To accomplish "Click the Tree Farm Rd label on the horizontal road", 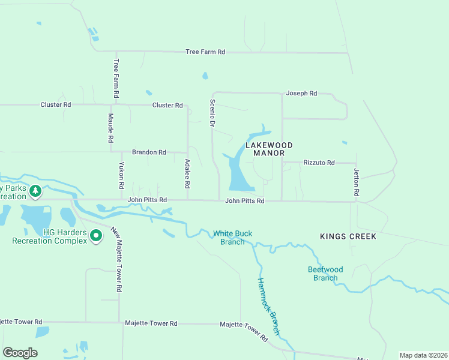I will point(205,52).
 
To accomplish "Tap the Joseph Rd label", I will point(301,94).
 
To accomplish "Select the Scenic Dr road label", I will point(212,113).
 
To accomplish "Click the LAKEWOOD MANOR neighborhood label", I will point(269,149).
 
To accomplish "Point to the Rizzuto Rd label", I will point(319,163).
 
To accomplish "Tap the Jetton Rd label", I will point(356,183).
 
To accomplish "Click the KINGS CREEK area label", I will point(348,236).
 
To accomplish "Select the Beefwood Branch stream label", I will point(325,274).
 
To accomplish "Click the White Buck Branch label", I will point(233,238).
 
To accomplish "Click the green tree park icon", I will point(35,191).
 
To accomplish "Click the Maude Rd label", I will point(111,127).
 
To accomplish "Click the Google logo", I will point(20,353).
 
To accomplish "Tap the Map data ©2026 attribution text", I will point(423,355).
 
